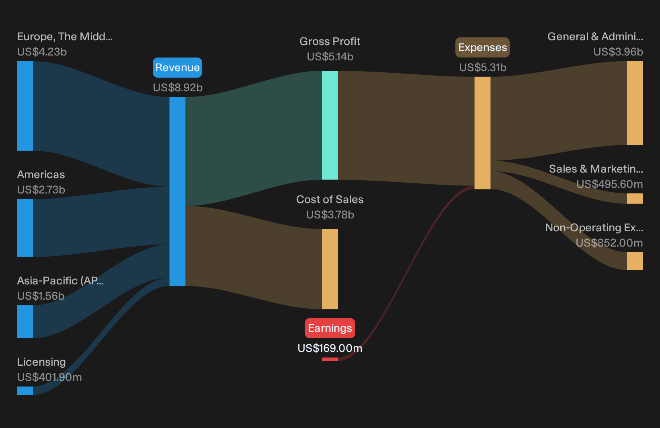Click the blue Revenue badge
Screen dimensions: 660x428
click(177, 68)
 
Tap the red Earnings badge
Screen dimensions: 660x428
click(330, 328)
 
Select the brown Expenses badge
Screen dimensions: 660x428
click(482, 47)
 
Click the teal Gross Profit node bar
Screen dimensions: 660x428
click(330, 125)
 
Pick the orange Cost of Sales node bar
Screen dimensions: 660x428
click(330, 269)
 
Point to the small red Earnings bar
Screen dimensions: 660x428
click(330, 359)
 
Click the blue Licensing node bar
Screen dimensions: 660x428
click(25, 391)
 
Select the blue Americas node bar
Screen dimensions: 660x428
click(25, 228)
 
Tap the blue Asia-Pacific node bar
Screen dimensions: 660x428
click(25, 321)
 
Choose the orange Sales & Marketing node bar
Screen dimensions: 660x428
click(635, 199)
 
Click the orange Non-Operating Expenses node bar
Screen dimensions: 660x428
click(635, 261)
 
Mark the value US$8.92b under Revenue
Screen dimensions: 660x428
click(178, 88)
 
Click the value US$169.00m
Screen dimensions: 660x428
click(330, 348)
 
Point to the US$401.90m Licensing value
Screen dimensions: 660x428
click(49, 377)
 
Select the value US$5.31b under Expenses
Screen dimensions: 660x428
click(483, 68)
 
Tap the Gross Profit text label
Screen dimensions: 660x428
click(330, 41)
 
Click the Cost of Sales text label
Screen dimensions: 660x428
click(330, 200)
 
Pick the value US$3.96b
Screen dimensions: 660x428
click(618, 52)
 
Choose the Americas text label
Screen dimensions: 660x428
click(41, 175)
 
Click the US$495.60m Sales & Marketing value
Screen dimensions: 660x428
click(610, 184)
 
